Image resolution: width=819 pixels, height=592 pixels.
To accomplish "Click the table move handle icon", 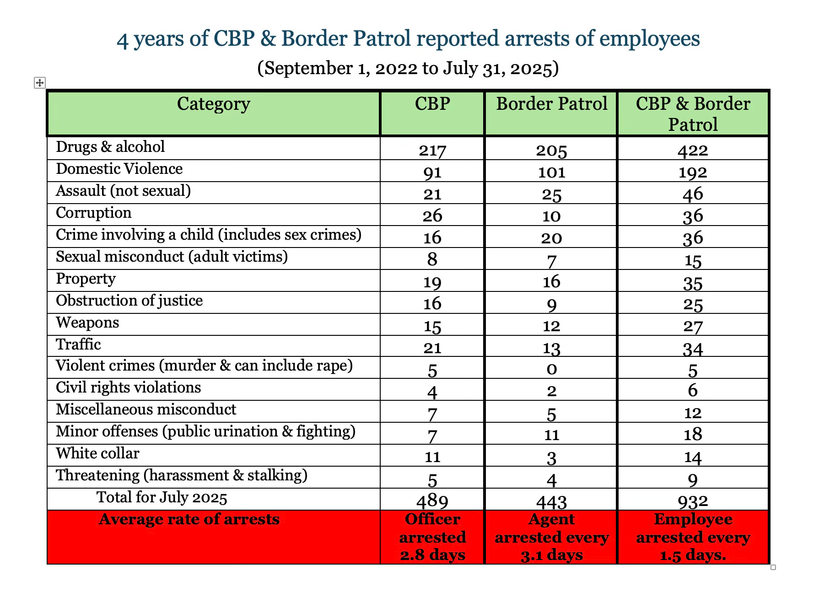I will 40,83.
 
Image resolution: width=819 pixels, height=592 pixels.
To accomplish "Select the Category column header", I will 213,104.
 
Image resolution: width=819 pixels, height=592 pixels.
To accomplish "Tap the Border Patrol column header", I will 551,104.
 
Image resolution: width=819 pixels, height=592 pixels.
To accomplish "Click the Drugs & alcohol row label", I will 110,147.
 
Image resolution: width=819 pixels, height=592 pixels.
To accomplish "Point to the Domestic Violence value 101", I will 551,172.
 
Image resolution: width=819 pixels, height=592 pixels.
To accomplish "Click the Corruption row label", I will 93,213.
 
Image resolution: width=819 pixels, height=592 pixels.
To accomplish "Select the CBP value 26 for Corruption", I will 432,216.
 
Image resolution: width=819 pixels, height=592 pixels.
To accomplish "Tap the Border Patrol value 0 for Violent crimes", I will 552,369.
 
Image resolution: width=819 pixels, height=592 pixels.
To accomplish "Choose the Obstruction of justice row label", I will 129,301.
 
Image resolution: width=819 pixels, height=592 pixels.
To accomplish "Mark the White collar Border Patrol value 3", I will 552,457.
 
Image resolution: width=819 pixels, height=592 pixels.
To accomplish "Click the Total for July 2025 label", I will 162,498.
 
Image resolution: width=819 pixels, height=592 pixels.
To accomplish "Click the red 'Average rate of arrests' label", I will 189,520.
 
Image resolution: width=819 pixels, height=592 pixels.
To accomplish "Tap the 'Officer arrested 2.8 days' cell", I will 432,537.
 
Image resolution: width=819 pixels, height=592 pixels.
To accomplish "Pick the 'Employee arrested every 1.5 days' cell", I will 693,537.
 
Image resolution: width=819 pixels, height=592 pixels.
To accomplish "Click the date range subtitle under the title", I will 408,69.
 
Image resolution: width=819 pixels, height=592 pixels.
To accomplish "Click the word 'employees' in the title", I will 649,39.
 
